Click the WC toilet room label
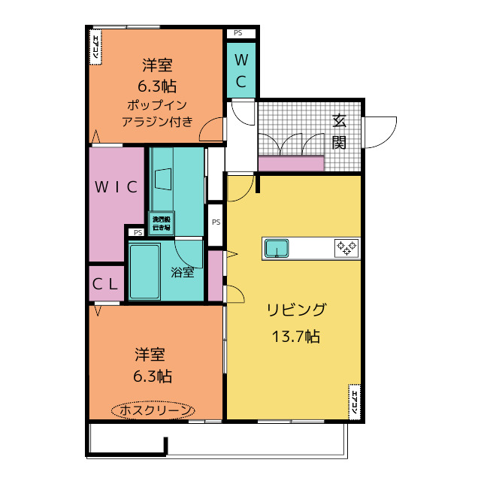(x=241, y=70)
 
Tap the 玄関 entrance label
(x=339, y=131)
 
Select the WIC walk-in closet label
(x=116, y=187)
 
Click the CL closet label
(x=105, y=284)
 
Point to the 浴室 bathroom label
(x=183, y=272)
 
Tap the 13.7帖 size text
(x=296, y=336)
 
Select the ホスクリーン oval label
(x=153, y=410)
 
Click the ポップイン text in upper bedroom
(x=156, y=104)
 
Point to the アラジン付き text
(x=157, y=121)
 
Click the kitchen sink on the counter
(x=277, y=247)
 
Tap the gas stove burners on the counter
(x=346, y=247)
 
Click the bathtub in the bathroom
(x=145, y=271)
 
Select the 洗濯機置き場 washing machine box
(x=161, y=222)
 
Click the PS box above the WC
(x=238, y=33)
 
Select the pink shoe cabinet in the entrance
(x=291, y=163)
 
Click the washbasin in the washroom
(x=163, y=180)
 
